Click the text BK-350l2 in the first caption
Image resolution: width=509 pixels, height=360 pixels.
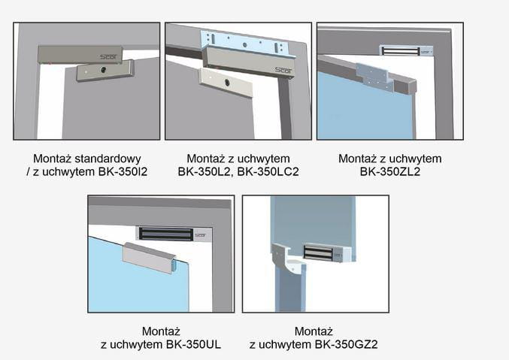123,171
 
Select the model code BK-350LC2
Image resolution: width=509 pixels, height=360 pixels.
268,171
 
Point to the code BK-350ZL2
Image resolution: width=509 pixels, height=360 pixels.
390,171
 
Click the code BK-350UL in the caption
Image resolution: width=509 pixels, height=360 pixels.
193,344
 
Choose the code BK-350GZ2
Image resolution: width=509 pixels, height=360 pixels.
346,344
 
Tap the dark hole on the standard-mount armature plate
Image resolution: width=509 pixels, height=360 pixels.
104,69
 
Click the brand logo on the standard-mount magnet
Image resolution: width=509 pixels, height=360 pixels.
109,57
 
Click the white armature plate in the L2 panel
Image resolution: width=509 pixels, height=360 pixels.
226,82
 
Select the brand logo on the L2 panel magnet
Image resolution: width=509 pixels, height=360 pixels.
283,70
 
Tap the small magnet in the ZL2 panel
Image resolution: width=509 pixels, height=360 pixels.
406,51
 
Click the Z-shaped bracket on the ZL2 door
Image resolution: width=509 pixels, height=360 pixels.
375,77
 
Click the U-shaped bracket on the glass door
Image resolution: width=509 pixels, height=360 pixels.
150,258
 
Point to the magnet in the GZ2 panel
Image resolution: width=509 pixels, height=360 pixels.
327,253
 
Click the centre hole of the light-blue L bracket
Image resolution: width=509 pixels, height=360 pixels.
245,45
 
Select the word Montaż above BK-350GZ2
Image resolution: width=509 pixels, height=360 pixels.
314,331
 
